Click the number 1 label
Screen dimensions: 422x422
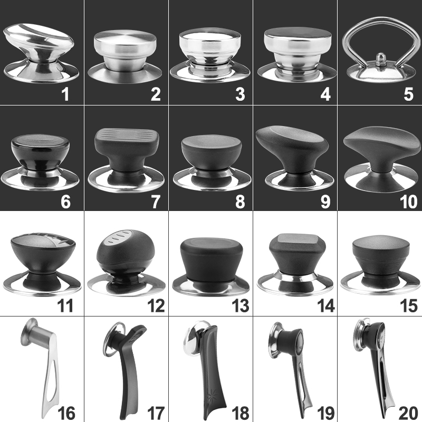[x=65, y=95]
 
